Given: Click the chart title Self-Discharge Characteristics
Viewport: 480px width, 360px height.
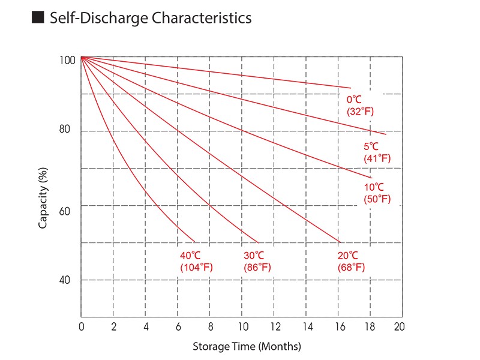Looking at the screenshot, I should click(151, 18).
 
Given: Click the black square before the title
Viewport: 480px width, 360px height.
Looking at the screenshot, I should click(38, 18).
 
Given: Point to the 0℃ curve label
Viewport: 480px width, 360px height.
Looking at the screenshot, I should click(355, 100).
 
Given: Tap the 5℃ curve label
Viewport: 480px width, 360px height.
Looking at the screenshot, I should click(371, 146).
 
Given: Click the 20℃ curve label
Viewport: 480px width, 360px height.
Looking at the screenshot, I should click(348, 256).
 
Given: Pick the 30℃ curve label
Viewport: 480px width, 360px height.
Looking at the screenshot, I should click(254, 256).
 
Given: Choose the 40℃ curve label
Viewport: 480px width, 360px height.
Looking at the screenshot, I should click(190, 256).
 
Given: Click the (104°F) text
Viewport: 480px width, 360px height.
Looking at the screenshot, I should click(196, 267).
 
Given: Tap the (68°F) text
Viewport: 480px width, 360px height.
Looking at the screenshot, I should click(352, 267).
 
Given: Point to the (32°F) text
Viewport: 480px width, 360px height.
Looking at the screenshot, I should click(360, 111).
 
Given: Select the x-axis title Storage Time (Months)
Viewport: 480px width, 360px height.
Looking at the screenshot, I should click(247, 347).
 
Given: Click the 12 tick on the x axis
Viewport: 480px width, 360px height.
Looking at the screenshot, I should click(275, 327).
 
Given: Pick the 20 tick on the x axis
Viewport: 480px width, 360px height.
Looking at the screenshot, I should click(399, 327).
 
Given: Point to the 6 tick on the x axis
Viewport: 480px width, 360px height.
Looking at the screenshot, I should click(178, 327).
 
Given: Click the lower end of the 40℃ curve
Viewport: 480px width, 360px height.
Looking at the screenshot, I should click(194, 241).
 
